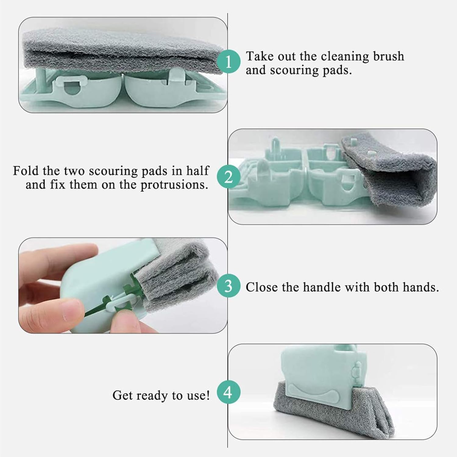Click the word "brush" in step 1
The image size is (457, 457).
388,56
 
